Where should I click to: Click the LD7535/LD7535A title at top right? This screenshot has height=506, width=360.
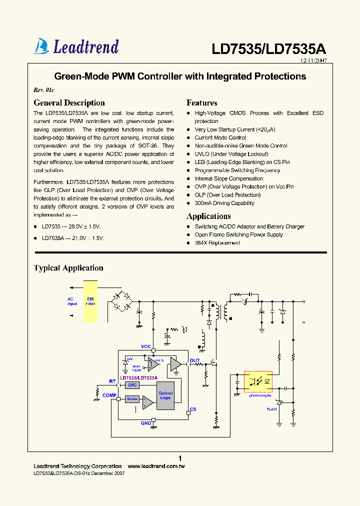(x=268, y=49)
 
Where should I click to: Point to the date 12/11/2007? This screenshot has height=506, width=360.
(x=313, y=60)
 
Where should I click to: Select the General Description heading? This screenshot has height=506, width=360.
(x=69, y=103)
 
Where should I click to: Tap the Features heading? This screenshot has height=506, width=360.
(x=201, y=103)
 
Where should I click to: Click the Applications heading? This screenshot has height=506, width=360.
(x=208, y=216)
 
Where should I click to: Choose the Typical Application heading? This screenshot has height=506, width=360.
(x=68, y=268)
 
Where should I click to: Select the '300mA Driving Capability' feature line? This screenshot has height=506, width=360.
(x=224, y=203)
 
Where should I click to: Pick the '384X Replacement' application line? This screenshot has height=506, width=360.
(x=217, y=242)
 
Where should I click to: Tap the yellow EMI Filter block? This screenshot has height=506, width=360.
(x=90, y=302)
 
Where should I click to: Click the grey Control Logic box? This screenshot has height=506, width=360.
(x=165, y=395)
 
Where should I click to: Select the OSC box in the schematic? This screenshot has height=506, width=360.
(x=132, y=385)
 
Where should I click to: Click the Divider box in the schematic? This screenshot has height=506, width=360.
(x=132, y=398)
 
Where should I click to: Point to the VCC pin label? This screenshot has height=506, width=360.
(x=145, y=346)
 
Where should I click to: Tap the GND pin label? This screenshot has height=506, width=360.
(x=145, y=423)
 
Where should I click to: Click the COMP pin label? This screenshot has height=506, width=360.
(x=109, y=395)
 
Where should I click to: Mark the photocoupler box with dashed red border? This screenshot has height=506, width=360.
(x=257, y=381)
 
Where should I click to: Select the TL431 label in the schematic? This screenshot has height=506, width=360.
(x=272, y=409)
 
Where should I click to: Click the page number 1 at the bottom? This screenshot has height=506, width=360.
(x=180, y=458)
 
